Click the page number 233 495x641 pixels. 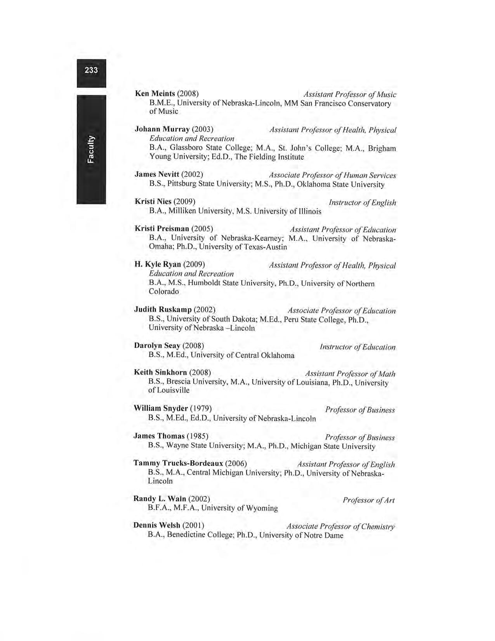pos(91,70)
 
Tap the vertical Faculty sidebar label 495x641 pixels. pos(91,149)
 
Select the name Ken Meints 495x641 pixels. pos(155,94)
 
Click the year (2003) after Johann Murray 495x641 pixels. pos(203,129)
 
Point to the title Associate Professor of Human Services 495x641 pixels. pos(332,176)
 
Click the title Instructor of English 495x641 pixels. pos(362,202)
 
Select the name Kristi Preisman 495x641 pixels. pos(162,228)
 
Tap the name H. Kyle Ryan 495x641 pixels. pos(158,265)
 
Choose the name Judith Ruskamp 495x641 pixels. pos(163,310)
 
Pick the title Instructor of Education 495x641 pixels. pos(358,347)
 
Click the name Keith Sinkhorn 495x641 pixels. pos(160,373)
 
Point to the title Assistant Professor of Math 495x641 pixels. pos(350,374)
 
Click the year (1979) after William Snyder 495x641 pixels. pos(201,408)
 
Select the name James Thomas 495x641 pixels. pos(159,436)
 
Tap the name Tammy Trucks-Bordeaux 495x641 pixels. pos(178,463)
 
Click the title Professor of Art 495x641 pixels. pos(368,500)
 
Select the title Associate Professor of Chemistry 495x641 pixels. pos(340,527)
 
